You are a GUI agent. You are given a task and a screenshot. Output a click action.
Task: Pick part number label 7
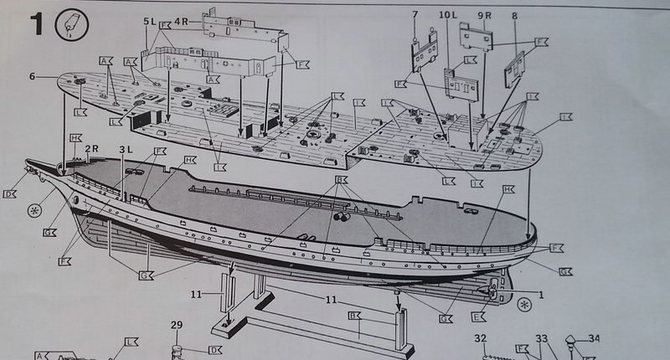pos(414,14)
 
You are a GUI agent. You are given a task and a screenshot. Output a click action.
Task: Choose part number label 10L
pos(446,15)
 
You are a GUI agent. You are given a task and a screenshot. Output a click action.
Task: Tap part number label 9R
pos(484,15)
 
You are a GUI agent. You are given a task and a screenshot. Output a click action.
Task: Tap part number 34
pos(594,338)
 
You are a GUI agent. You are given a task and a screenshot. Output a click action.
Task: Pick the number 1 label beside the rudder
pos(541,295)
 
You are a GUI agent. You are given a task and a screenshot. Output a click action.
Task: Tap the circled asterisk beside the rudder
pos(524,302)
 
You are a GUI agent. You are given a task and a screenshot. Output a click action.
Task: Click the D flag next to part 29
pos(214,349)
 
